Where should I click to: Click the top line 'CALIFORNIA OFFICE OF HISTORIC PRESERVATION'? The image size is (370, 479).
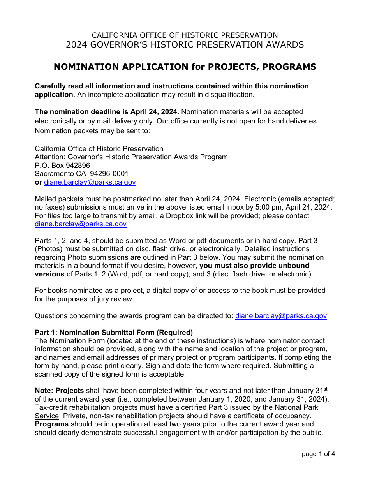point(185,35)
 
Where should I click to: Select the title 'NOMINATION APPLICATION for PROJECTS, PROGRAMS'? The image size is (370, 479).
point(185,67)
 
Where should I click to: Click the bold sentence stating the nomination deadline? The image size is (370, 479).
point(107,112)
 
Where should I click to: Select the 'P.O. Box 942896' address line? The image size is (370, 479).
point(62,166)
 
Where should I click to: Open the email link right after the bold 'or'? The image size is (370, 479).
point(90,182)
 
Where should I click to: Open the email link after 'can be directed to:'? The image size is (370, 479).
point(281,316)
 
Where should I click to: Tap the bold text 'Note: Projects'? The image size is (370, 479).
point(59,391)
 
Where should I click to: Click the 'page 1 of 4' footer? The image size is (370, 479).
point(318,454)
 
